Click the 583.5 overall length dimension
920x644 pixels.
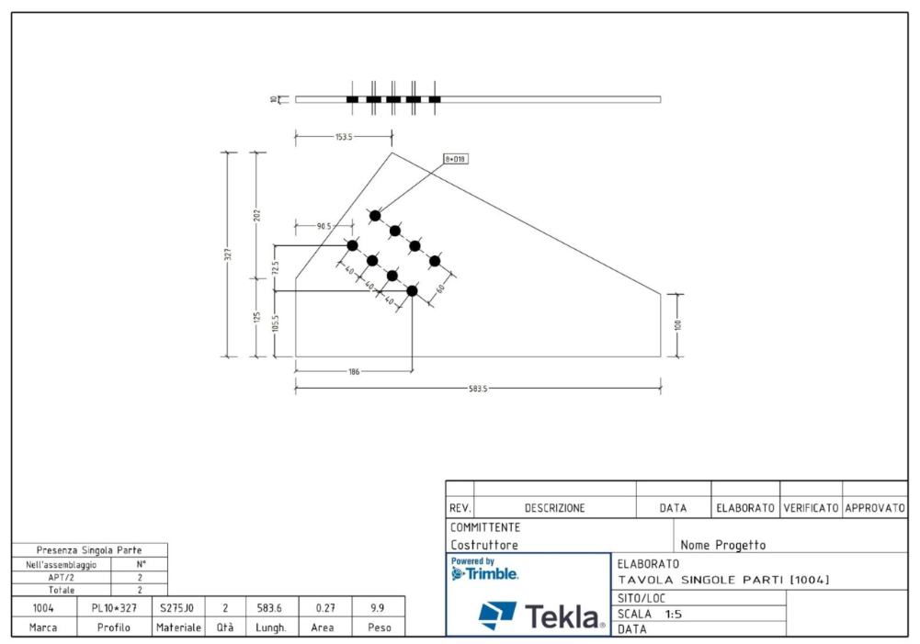(478, 389)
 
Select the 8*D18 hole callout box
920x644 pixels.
(456, 159)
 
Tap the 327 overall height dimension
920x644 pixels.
(228, 254)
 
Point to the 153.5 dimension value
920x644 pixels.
(344, 137)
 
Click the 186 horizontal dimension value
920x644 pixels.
(354, 371)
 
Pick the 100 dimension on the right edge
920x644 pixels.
(677, 324)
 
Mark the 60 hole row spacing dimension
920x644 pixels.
(440, 288)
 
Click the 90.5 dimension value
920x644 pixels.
(324, 226)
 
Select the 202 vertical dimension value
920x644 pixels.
(256, 215)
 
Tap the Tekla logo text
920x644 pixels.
(563, 616)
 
